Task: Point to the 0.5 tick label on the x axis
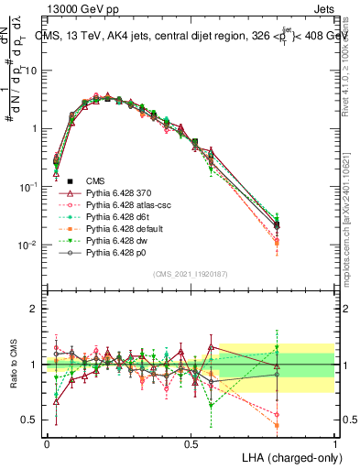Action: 191,443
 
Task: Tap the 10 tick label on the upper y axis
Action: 32,71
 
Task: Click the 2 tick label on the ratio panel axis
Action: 37,309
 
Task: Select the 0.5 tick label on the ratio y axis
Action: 32,420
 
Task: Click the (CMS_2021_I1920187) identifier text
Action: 190,274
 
